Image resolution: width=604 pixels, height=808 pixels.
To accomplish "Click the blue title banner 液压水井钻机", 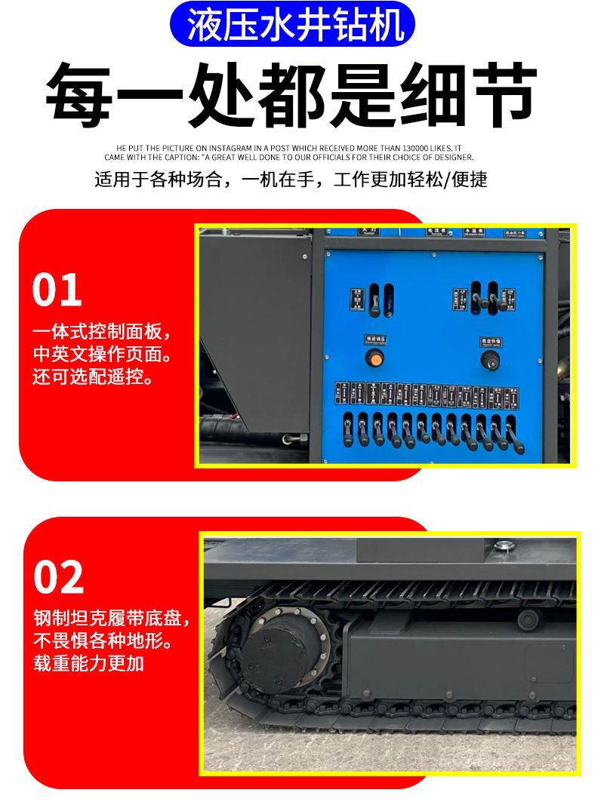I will [291, 23].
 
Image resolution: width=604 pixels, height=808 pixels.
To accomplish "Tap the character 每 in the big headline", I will [79, 97].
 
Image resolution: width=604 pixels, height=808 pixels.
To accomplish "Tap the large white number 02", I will [58, 578].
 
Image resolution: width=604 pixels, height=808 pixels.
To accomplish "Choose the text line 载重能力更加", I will [88, 664].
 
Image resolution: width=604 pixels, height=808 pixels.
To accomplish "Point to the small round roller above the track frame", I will [528, 619].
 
